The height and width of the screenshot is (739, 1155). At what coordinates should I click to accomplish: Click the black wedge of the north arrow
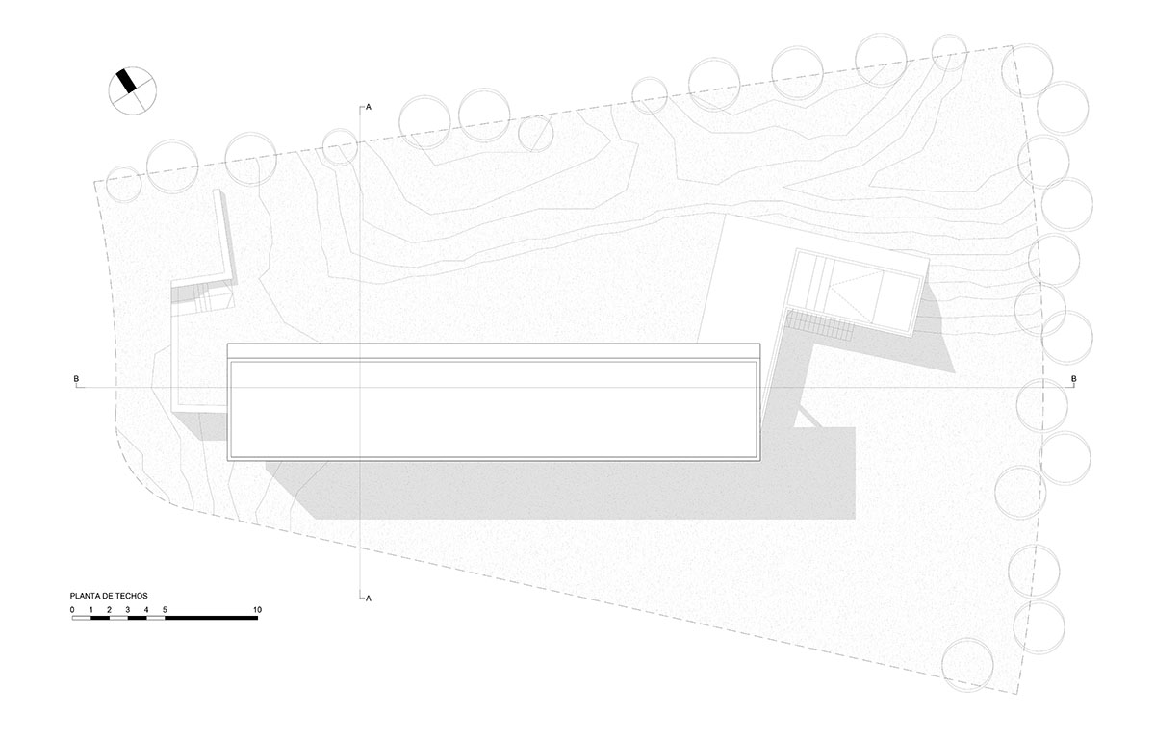point(126,82)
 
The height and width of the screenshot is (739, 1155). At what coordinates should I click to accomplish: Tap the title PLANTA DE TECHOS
point(109,596)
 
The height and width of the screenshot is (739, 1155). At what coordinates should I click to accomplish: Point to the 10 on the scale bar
point(257,610)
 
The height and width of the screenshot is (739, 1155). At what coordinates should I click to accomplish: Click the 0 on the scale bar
point(72,610)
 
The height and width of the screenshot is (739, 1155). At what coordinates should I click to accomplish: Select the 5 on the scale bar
point(165,610)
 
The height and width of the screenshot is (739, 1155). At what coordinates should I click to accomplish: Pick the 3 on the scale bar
point(127,610)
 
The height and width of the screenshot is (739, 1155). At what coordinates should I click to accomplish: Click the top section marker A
point(368,107)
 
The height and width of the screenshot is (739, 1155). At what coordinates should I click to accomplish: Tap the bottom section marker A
point(368,599)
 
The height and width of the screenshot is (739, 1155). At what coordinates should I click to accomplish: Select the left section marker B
point(76,379)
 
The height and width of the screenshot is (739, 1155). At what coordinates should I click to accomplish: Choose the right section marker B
point(1074,379)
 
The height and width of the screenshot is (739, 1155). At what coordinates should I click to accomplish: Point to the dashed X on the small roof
point(857,293)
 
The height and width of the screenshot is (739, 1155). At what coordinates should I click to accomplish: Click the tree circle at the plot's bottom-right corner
point(967,664)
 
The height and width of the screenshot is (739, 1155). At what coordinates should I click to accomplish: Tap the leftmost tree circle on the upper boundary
point(124,184)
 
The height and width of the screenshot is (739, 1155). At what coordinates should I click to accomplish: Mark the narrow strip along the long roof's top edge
point(494,351)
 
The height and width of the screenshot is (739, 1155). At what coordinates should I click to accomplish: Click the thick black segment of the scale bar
point(212,618)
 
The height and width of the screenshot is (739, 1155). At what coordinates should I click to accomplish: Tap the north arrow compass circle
point(133,90)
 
